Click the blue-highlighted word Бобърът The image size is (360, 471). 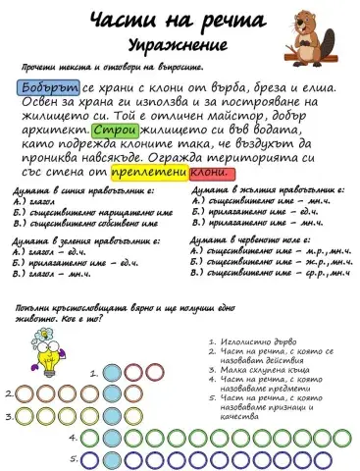42,87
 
